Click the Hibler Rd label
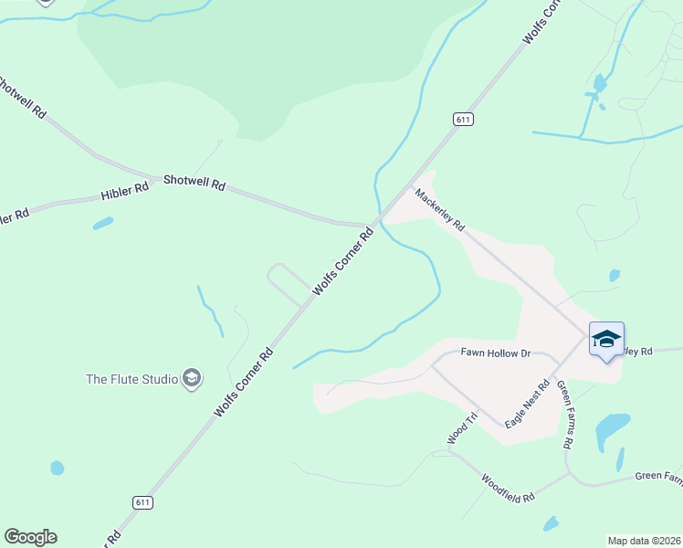click(124, 192)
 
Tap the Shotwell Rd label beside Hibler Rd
click(194, 183)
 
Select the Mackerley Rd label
click(440, 209)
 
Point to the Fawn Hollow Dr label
click(495, 353)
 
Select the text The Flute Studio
click(131, 378)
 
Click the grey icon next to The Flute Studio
click(191, 377)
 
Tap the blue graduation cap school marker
click(606, 340)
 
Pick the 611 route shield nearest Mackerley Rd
click(463, 119)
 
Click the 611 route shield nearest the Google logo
click(141, 502)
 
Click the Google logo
click(30, 537)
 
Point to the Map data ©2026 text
click(643, 540)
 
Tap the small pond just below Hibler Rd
click(102, 223)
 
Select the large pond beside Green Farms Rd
click(612, 427)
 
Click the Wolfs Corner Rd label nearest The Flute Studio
click(244, 383)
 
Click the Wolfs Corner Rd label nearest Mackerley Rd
click(344, 261)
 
